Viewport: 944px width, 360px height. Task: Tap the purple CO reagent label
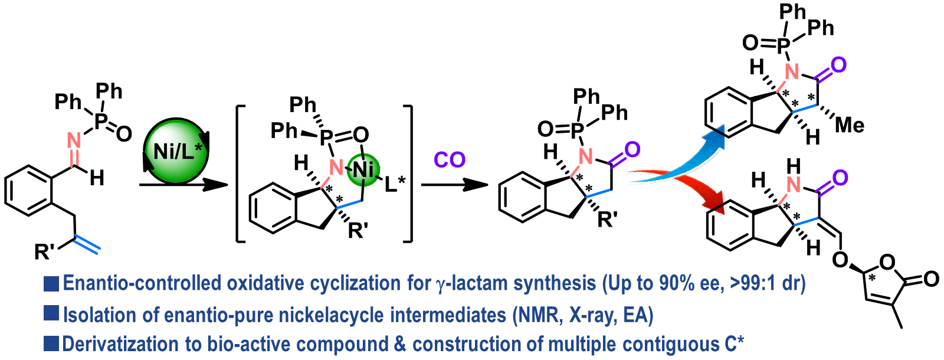point(450,160)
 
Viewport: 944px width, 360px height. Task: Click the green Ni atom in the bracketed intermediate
point(363,170)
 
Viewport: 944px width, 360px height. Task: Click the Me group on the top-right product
point(849,125)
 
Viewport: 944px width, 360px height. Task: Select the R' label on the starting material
point(45,252)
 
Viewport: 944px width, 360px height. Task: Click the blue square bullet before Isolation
point(51,313)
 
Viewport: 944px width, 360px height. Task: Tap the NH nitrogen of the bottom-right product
point(794,185)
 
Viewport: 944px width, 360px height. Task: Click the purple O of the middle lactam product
point(632,150)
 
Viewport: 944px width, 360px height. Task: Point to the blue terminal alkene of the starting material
point(88,246)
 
